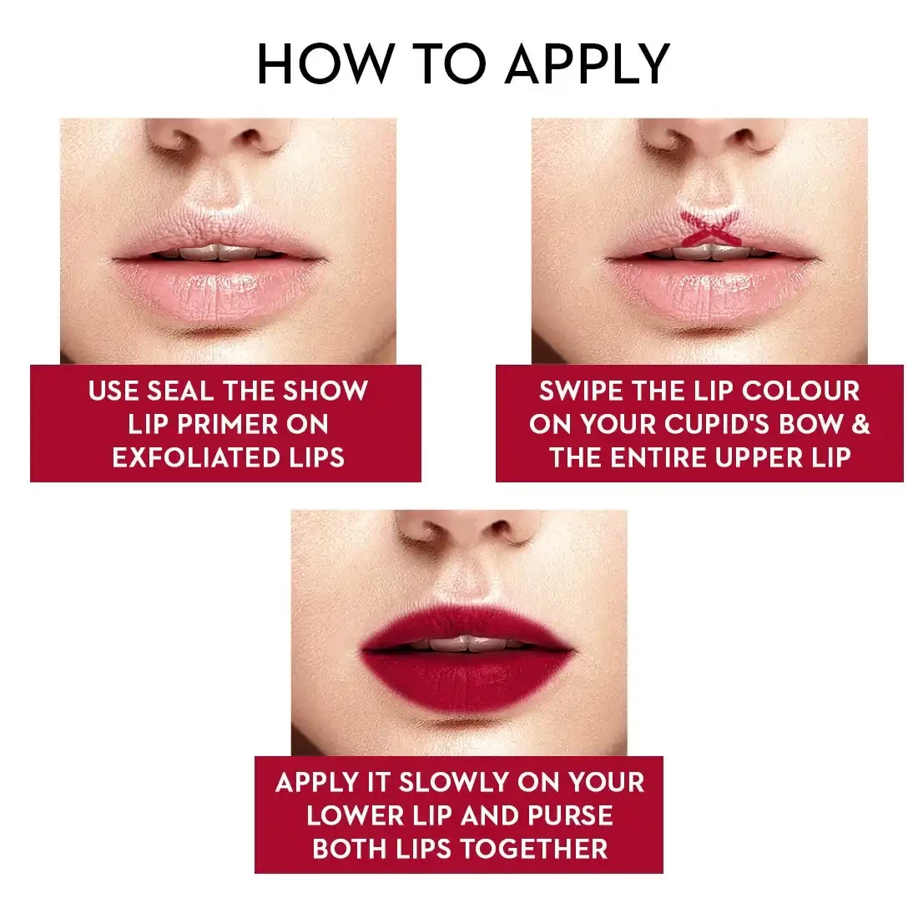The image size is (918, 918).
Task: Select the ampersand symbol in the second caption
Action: [x=860, y=424]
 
